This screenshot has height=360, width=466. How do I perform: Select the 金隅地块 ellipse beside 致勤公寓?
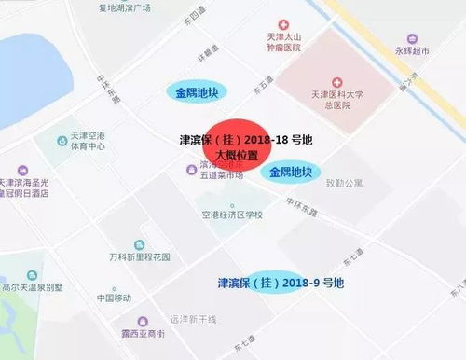[290, 173]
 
